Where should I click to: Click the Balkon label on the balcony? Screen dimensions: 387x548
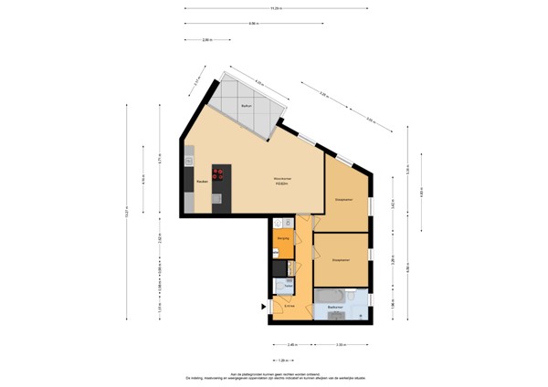click(246, 108)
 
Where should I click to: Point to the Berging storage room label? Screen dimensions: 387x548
click(283, 239)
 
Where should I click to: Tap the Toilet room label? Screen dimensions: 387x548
click(288, 286)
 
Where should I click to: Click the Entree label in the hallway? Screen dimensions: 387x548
click(289, 306)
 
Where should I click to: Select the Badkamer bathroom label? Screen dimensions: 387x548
click(334, 308)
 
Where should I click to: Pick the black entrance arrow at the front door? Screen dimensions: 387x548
click(266, 307)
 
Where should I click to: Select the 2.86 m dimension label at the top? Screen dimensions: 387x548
click(207, 39)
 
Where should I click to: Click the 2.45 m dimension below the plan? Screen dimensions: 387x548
click(290, 344)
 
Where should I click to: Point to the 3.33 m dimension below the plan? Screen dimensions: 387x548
click(340, 344)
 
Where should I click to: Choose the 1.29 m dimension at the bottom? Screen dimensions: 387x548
click(294, 360)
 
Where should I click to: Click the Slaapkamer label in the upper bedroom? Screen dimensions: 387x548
click(343, 197)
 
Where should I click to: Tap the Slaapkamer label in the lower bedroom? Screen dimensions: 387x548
click(342, 258)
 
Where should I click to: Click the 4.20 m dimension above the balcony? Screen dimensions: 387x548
click(258, 83)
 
